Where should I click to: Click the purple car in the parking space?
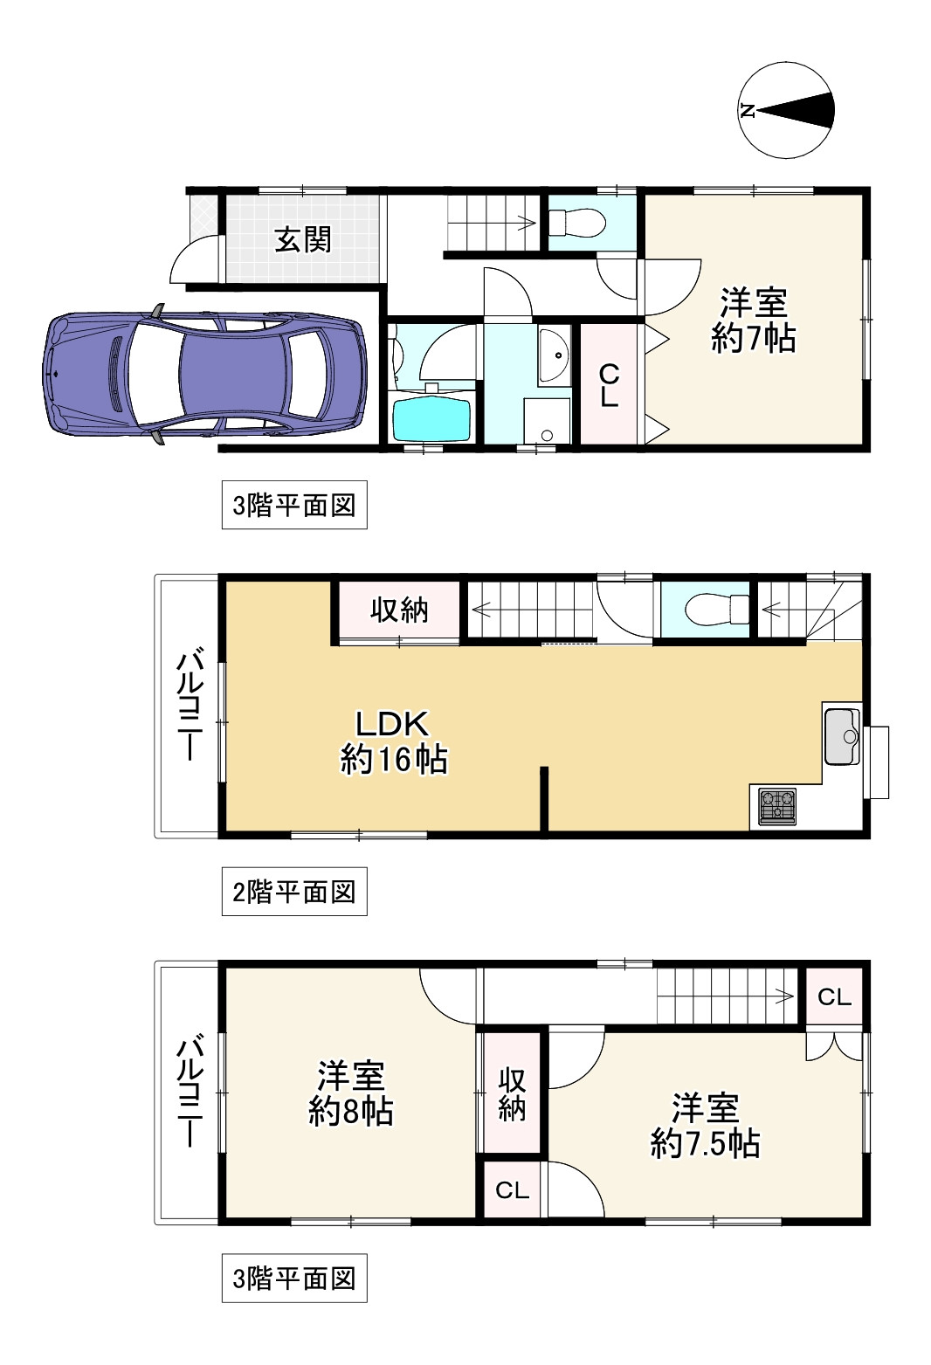204,374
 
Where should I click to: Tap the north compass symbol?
786,110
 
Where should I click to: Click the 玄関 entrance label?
303,239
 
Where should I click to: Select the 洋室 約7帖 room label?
754,320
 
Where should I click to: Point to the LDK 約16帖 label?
394,741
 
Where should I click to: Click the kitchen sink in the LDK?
843,736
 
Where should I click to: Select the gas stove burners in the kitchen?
777,806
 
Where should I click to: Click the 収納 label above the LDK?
399,610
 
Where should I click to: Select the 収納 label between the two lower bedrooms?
512,1095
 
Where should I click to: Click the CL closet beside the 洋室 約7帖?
610,385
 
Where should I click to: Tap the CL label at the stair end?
834,997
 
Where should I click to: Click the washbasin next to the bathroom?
554,355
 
